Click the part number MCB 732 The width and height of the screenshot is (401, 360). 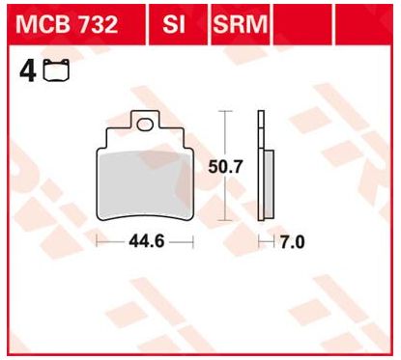click(x=67, y=25)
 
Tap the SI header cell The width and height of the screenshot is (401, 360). click(x=177, y=25)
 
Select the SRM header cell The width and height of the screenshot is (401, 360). click(x=240, y=25)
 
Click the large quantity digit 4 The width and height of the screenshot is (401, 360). click(x=28, y=71)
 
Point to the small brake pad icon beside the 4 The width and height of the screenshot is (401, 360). click(x=57, y=69)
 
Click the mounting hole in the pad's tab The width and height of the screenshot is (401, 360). click(x=145, y=125)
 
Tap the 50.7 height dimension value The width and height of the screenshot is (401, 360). click(x=225, y=167)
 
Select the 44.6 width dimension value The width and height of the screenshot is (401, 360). click(x=147, y=241)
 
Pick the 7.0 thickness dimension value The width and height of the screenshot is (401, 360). click(x=292, y=242)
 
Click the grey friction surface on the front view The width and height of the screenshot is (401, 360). click(x=145, y=184)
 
